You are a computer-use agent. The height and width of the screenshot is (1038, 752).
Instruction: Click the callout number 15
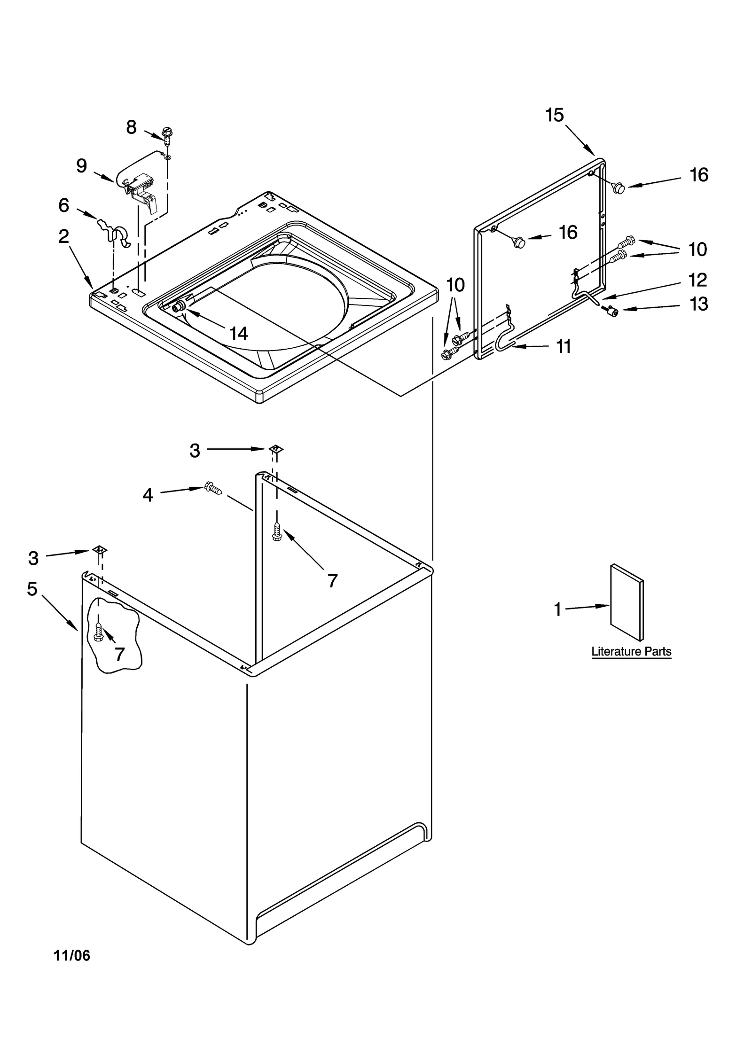tap(554, 115)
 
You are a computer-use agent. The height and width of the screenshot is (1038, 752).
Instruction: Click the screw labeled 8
tap(166, 134)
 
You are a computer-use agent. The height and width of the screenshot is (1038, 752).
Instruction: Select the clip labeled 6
tap(115, 232)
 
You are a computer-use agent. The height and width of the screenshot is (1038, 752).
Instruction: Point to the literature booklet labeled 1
tap(626, 602)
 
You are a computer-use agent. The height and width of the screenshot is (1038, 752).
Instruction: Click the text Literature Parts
tap(631, 652)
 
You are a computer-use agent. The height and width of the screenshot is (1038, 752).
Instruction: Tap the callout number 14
tap(238, 334)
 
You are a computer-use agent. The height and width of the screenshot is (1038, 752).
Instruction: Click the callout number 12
tap(697, 280)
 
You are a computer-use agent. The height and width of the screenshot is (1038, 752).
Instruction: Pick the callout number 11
tap(563, 347)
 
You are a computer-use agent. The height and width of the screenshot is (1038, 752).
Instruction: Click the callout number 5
tap(32, 588)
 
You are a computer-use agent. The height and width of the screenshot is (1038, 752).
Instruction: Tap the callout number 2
tap(64, 236)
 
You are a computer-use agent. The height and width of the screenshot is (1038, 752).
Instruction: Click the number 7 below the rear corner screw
tap(332, 581)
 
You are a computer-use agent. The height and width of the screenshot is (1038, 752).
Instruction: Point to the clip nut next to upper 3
tap(276, 449)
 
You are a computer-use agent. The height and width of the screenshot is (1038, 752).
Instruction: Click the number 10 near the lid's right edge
tap(697, 250)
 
